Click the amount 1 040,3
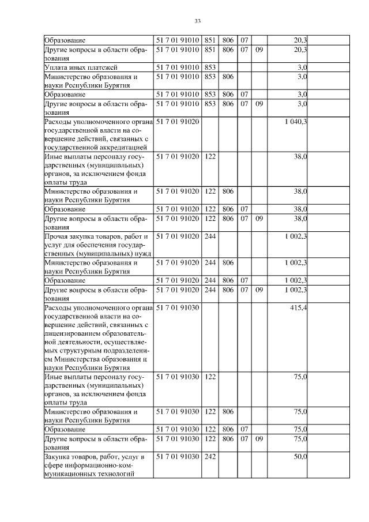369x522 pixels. [x=296, y=122]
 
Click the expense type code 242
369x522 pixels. [x=210, y=457]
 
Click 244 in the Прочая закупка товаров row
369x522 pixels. [x=210, y=236]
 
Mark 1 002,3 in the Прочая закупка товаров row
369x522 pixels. [x=296, y=236]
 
